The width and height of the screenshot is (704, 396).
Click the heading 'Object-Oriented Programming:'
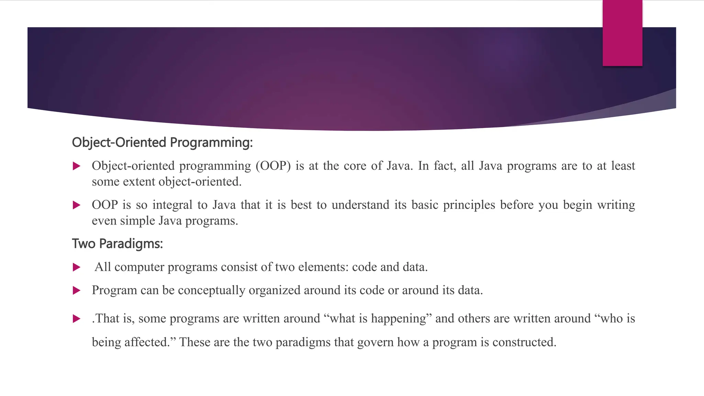click(162, 142)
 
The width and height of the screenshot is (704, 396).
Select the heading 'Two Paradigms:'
click(117, 244)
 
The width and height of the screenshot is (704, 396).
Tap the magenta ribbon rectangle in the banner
click(622, 33)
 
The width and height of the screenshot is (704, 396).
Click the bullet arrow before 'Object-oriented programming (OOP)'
click(77, 166)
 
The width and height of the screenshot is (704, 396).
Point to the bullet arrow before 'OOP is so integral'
click(77, 205)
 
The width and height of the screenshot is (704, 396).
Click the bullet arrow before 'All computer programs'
click(77, 267)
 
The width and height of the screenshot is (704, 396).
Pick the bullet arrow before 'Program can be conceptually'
click(77, 291)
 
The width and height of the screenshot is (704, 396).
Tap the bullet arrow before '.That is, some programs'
click(77, 319)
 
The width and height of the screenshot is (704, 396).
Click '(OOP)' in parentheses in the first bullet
click(273, 166)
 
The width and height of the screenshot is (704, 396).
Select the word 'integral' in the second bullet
click(172, 205)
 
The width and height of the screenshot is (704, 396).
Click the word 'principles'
click(469, 205)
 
